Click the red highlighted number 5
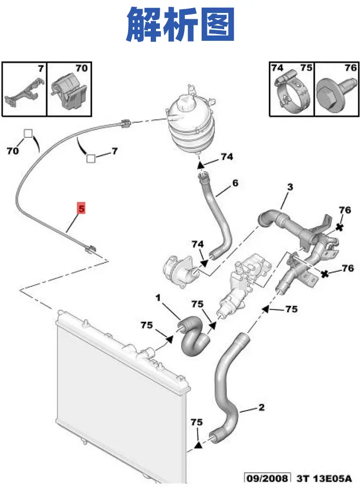81,208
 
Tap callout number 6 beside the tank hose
235,183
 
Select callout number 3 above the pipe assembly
290,187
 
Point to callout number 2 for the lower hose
261,407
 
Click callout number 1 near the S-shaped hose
158,298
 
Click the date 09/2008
267,478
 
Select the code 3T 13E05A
324,478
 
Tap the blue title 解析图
180,25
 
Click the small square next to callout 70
28,134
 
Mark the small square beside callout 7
91,158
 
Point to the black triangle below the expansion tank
201,165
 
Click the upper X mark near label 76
339,228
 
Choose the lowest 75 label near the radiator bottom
197,422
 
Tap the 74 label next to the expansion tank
227,156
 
